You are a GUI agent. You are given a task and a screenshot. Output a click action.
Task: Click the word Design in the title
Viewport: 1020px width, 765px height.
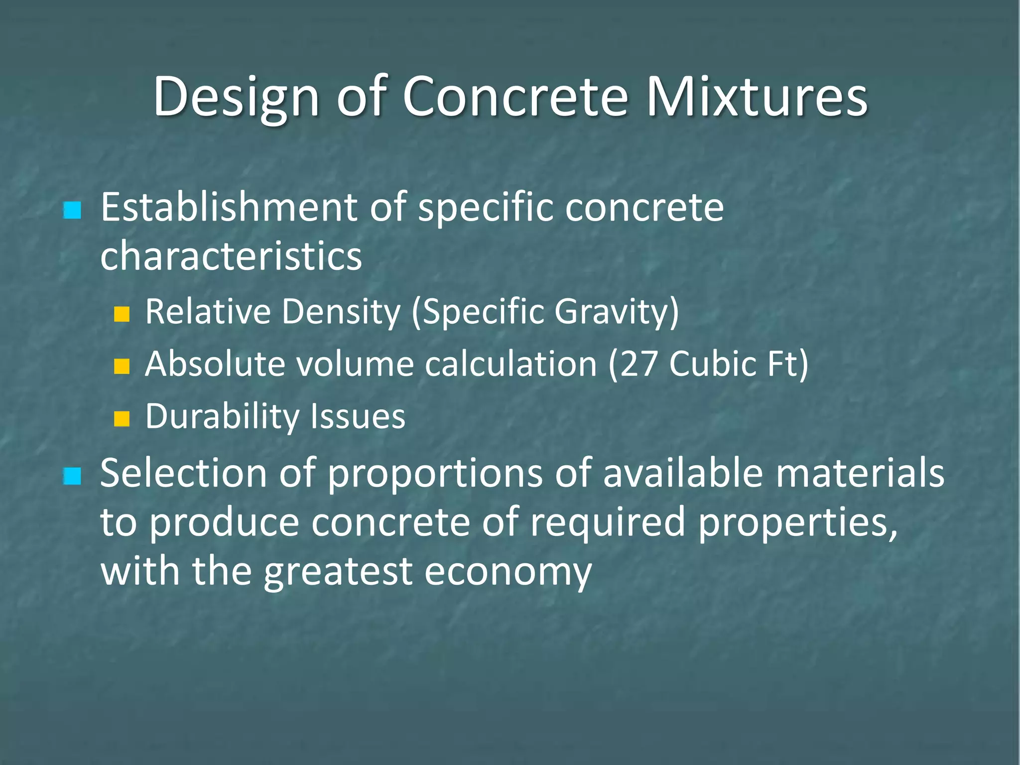[235, 98]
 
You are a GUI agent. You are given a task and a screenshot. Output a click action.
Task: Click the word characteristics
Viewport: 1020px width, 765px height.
[231, 255]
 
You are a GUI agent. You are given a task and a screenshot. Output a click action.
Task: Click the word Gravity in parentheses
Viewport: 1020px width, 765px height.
[617, 312]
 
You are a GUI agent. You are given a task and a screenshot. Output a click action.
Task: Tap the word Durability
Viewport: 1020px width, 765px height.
[223, 416]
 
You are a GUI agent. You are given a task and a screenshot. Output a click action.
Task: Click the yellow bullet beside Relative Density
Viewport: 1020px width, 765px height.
[122, 314]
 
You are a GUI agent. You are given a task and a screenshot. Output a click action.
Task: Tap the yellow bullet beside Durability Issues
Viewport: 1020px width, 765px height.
[122, 419]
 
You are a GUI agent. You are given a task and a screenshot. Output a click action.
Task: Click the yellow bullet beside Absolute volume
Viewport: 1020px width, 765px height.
[122, 367]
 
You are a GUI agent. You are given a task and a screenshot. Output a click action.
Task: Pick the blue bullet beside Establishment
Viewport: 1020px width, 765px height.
[72, 210]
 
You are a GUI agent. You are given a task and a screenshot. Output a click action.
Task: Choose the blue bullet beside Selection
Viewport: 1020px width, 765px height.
[72, 476]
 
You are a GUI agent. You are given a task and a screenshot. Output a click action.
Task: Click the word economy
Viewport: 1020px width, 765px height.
[508, 571]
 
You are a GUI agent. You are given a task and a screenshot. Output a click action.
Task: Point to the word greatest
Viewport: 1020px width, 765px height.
[338, 571]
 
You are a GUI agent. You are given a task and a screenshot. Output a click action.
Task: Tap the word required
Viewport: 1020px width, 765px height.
[608, 522]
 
